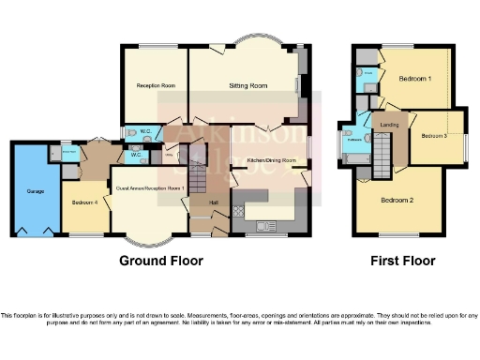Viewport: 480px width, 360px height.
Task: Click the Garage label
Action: (35, 190)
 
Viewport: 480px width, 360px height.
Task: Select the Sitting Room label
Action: (248, 86)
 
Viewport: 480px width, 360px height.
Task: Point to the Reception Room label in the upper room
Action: (156, 86)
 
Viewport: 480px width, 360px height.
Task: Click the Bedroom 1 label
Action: (414, 79)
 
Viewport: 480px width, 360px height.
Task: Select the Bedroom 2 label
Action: (398, 200)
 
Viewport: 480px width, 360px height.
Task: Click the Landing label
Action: (385, 123)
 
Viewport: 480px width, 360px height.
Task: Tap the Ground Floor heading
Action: (160, 260)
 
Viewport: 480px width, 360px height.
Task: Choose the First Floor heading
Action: (397, 260)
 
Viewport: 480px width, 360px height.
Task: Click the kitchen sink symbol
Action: (265, 225)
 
